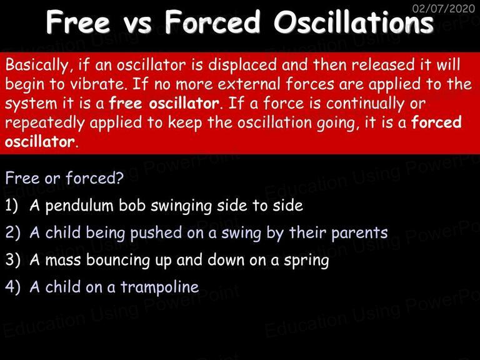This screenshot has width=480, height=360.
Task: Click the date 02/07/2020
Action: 444,8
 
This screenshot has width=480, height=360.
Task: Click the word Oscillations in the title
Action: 354,22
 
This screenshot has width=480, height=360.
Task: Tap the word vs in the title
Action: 137,25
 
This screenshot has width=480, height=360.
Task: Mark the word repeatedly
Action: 45,123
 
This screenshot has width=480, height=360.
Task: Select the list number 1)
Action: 12,206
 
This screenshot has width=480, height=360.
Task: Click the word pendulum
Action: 79,206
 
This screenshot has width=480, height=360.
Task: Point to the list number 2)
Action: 12,232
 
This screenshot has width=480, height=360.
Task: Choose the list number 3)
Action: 12,260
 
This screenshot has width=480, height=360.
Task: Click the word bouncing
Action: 118,261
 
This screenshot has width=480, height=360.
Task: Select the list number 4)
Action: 12,287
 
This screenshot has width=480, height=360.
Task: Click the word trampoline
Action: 159,287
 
